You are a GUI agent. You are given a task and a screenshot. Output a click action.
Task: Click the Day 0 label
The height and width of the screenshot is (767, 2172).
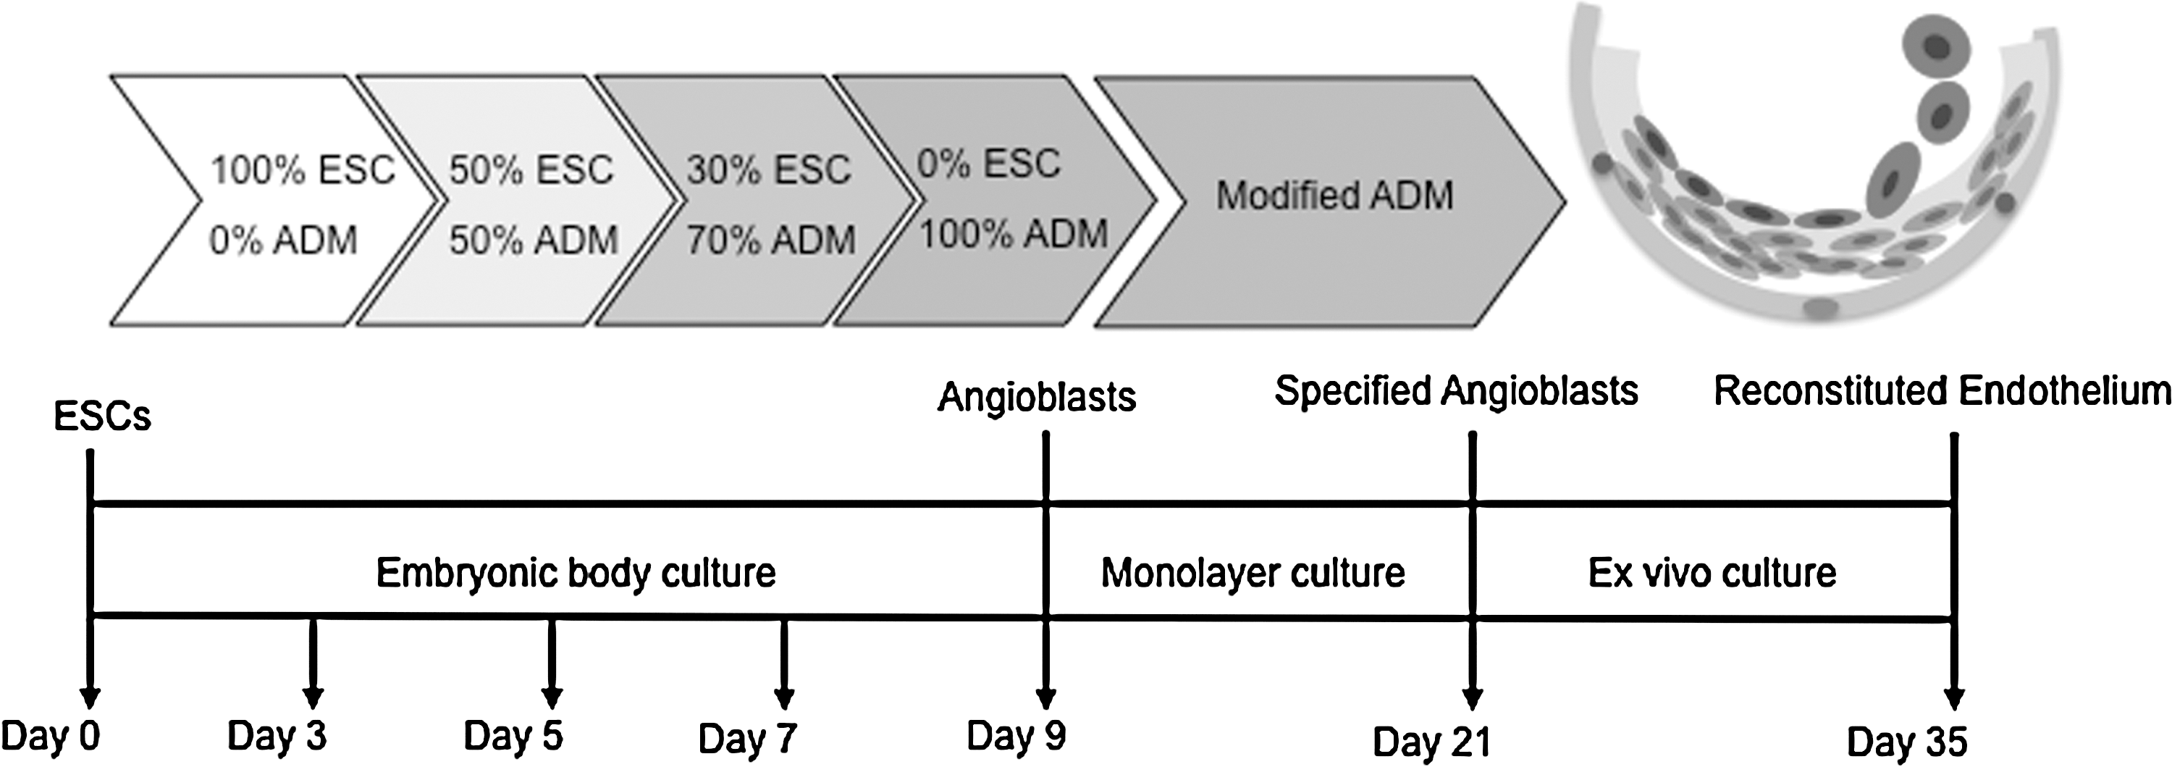click(51, 736)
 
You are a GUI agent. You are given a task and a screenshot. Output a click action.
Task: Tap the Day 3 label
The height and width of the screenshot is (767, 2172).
click(277, 736)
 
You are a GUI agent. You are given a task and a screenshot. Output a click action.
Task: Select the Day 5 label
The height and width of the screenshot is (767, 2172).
click(513, 736)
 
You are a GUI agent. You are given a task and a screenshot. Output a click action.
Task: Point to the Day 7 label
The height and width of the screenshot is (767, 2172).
click(747, 738)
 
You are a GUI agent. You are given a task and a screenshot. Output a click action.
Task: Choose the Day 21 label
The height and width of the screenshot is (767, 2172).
click(1431, 742)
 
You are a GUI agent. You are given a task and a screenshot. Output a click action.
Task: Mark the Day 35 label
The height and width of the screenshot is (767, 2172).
click(1906, 742)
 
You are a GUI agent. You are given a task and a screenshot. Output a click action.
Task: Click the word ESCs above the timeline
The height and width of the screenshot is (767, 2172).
click(102, 416)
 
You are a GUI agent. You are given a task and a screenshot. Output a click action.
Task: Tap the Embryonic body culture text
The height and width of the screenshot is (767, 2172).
click(576, 573)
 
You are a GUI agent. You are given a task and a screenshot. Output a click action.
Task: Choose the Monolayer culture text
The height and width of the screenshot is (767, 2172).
click(1253, 573)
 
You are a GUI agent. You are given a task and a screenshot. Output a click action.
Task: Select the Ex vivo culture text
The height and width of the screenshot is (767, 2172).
click(1712, 573)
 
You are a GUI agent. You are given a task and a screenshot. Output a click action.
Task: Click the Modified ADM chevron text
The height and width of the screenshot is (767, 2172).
click(1335, 196)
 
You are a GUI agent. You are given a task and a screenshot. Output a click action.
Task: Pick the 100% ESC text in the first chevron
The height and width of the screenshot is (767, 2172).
click(303, 169)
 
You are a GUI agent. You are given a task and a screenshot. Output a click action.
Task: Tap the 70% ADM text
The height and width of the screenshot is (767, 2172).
click(770, 240)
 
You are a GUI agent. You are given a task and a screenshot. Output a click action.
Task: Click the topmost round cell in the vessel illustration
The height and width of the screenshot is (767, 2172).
click(1937, 47)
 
